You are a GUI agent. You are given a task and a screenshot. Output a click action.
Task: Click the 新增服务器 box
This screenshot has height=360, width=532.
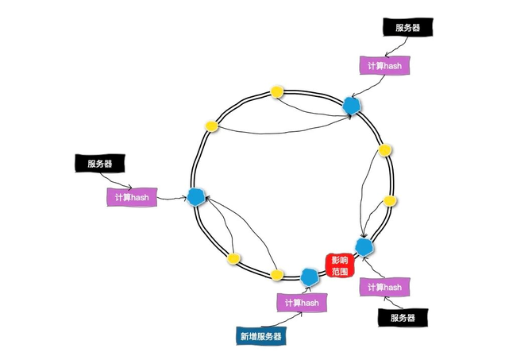261,336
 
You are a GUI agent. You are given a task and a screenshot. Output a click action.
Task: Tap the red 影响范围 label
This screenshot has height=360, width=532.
339,265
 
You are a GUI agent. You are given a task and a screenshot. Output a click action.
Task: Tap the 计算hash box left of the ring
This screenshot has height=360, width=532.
132,196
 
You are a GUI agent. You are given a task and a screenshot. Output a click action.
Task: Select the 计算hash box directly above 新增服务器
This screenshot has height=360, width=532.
302,303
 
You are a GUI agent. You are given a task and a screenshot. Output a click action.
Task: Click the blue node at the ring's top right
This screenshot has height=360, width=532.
351,105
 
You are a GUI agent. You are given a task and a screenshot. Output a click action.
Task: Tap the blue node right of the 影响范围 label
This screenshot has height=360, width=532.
364,246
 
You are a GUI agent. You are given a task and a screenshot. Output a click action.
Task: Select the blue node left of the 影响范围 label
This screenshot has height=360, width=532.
310,276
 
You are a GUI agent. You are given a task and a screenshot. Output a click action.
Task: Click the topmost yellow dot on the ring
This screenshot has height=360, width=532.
277,91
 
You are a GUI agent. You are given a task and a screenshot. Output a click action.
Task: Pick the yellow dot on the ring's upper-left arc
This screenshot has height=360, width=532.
212,126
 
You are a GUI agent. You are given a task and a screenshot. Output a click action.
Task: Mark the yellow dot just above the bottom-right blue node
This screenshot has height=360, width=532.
389,200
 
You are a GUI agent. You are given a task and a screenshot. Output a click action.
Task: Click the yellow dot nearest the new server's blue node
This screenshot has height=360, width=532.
277,275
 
